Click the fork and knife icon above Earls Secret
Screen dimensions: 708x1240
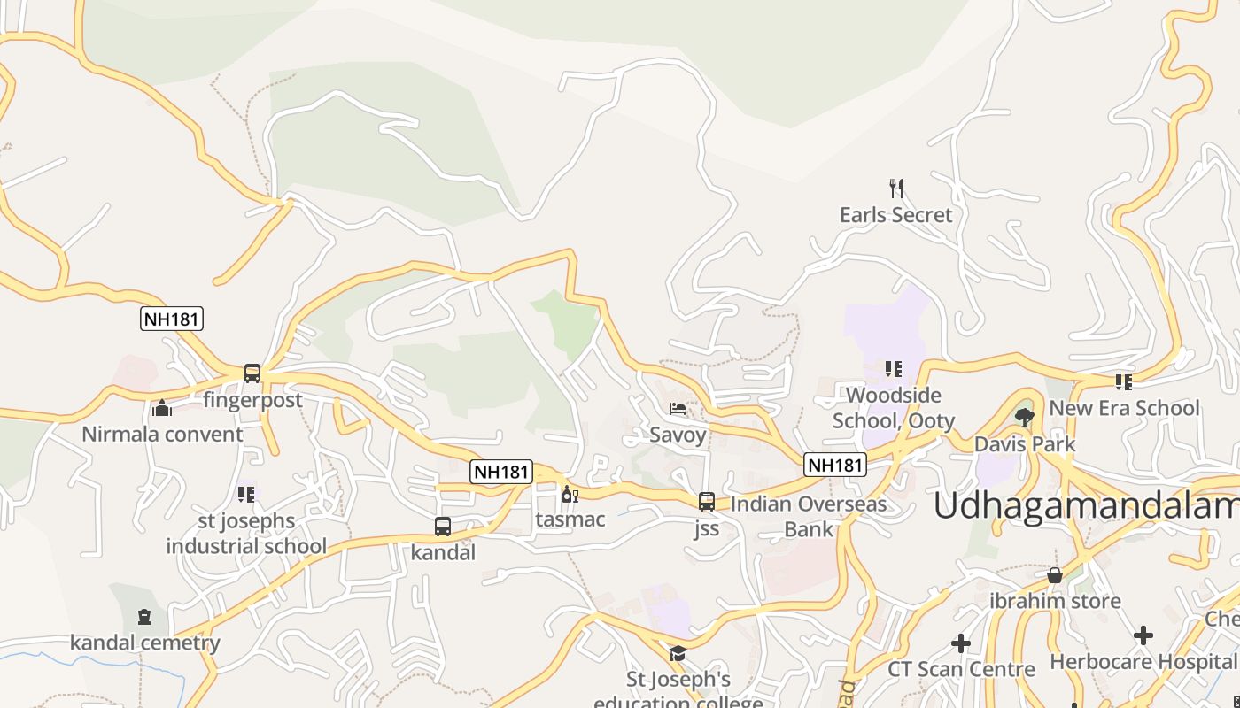pos(896,188)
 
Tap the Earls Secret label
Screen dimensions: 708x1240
pos(896,215)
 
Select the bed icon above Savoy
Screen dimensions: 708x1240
pos(678,408)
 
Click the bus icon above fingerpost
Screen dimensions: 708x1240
pos(252,373)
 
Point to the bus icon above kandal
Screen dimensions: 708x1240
pos(443,527)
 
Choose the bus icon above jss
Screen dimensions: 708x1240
pos(707,502)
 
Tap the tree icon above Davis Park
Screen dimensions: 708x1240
pos(1025,417)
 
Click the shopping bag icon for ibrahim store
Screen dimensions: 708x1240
pos(1055,575)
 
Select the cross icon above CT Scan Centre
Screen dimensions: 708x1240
pos(961,643)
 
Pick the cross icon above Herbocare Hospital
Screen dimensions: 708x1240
pos(1143,635)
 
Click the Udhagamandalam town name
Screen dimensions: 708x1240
pos(1086,506)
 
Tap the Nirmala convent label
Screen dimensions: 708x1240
pos(162,435)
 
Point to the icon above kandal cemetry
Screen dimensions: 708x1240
pos(144,617)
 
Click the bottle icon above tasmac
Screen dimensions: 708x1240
pos(570,494)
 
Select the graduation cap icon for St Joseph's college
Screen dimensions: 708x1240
pos(678,653)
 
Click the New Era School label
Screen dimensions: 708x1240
pos(1124,409)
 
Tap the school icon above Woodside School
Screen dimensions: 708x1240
pos(893,368)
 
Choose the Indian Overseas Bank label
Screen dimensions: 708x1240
pos(809,517)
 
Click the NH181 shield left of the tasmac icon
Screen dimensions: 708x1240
pos(501,472)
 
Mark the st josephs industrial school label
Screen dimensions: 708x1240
pos(246,534)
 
